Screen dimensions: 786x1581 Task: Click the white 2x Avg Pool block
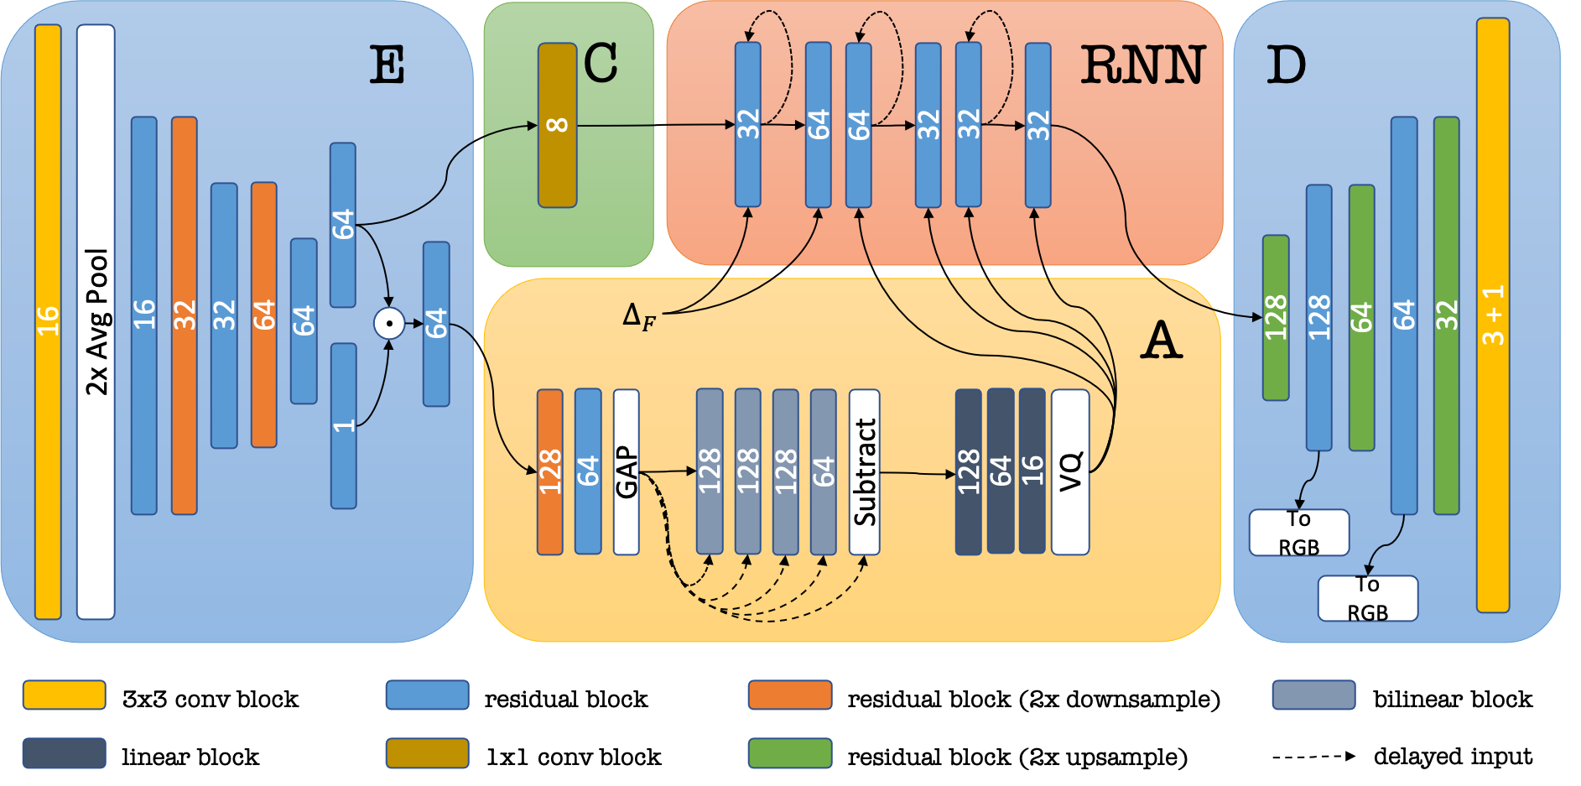tap(96, 321)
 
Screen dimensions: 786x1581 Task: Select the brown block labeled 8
tap(557, 125)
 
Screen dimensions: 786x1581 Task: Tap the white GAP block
tap(626, 471)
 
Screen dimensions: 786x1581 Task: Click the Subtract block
tap(864, 471)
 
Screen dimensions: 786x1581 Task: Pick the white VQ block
tap(1070, 471)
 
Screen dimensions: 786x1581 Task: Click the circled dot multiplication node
tap(389, 323)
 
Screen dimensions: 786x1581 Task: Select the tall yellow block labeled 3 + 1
tap(1493, 315)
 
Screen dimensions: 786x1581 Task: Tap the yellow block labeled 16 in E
tap(48, 321)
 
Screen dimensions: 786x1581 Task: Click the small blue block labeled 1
tap(343, 425)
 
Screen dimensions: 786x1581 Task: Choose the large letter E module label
tap(387, 65)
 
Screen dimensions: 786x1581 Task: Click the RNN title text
tap(1142, 65)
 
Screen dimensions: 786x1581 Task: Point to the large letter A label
tap(1162, 341)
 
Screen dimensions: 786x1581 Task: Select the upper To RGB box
tap(1298, 533)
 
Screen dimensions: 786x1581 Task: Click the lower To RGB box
tap(1367, 598)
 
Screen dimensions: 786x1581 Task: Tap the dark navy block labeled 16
tap(1032, 471)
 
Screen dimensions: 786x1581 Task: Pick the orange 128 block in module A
tap(549, 471)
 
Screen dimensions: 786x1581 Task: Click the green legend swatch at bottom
tap(790, 752)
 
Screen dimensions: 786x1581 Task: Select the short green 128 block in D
tap(1276, 317)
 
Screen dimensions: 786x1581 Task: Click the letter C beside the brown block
tap(601, 63)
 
